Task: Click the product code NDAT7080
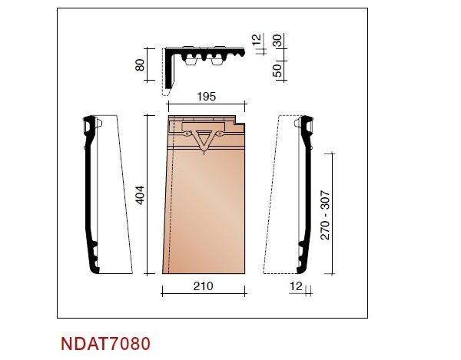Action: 105,343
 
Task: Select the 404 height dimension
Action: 140,195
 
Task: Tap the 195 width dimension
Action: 207,96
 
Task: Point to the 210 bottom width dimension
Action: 203,286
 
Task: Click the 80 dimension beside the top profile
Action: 140,65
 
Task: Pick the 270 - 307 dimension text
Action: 325,215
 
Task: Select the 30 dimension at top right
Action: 277,41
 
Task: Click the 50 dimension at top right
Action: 277,71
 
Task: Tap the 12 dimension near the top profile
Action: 257,39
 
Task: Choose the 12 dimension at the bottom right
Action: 296,286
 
